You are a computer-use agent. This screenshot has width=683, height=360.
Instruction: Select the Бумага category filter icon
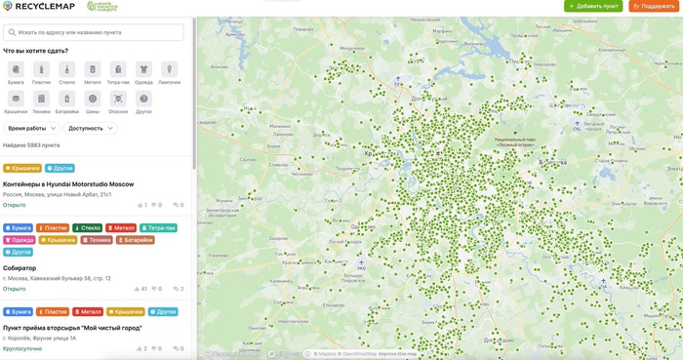[x=16, y=69]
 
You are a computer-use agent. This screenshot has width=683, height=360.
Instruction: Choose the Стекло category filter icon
[x=66, y=69]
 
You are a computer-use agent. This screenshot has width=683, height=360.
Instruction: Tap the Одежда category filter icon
[x=143, y=69]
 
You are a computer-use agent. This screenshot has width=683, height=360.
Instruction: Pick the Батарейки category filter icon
[x=66, y=99]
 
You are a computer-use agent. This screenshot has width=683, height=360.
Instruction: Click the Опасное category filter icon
[x=118, y=99]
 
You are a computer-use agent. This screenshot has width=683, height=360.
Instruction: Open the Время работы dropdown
[x=30, y=128]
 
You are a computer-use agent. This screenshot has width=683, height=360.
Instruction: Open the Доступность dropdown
[x=91, y=128]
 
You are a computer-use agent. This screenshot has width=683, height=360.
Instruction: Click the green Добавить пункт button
[x=593, y=6]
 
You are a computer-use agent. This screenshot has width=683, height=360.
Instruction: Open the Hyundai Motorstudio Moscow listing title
[x=68, y=183]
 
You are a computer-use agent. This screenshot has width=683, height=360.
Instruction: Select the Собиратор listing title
[x=20, y=266]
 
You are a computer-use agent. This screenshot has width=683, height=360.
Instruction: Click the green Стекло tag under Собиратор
[x=87, y=227]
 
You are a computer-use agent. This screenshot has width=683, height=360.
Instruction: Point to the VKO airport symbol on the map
[x=361, y=262]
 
